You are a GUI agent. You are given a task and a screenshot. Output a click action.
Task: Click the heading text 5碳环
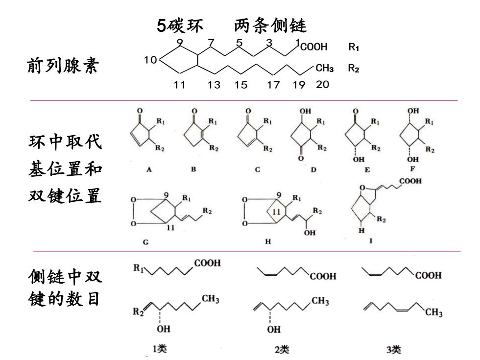click(x=180, y=25)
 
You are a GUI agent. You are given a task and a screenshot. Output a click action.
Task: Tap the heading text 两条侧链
click(x=270, y=25)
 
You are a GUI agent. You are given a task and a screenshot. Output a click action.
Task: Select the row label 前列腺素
click(x=63, y=66)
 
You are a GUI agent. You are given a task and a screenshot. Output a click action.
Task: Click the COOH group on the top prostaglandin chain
click(x=314, y=47)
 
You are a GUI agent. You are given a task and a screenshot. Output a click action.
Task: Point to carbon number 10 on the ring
click(x=150, y=60)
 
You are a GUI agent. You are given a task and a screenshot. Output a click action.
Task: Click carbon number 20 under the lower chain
click(x=322, y=84)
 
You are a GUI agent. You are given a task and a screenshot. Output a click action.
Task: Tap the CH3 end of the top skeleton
click(x=324, y=68)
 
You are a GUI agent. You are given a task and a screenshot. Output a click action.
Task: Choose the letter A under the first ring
click(x=149, y=169)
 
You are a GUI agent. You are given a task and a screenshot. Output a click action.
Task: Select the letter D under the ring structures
click(x=313, y=169)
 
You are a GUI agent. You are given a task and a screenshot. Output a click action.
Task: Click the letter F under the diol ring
click(x=412, y=168)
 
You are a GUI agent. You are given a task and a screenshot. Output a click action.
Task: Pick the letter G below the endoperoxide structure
click(x=146, y=242)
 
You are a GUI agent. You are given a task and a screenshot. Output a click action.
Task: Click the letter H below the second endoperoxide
click(x=268, y=241)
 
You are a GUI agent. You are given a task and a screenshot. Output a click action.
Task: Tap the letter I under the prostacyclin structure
click(x=371, y=241)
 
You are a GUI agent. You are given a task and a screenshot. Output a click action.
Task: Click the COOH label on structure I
click(x=410, y=181)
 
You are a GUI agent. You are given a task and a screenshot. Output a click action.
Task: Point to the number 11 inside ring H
click(x=276, y=212)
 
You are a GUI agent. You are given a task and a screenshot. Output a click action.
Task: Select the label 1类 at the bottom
click(x=160, y=349)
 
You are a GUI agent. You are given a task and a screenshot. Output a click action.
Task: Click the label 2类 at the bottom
click(x=282, y=349)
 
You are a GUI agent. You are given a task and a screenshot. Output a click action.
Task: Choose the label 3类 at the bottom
click(x=393, y=349)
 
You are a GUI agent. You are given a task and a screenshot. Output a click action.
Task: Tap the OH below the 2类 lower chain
click(x=274, y=329)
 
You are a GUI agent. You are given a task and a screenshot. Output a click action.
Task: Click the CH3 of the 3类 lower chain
click(x=434, y=312)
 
